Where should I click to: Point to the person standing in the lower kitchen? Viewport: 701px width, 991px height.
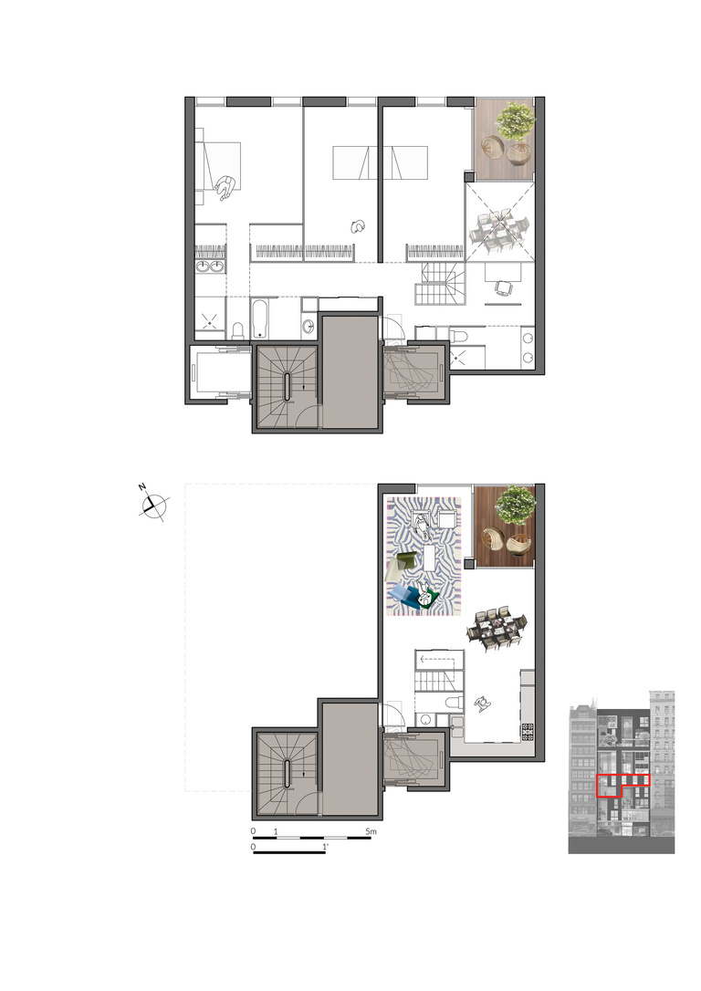pos(482,703)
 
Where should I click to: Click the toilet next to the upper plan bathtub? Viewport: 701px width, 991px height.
pos(236,328)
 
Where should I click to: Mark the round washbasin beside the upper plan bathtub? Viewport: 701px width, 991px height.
pos(309,327)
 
